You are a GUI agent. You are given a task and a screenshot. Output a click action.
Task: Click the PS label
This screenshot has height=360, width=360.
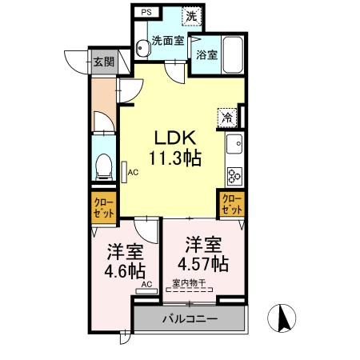point(145,14)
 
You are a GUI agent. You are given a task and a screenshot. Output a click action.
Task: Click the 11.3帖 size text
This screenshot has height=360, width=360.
point(174,158)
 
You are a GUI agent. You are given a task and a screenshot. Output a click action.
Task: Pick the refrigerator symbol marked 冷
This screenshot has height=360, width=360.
point(227,116)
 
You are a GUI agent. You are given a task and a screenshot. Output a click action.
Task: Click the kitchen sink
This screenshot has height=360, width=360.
point(235,146)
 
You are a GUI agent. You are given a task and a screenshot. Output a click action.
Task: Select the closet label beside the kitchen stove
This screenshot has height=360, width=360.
point(230,203)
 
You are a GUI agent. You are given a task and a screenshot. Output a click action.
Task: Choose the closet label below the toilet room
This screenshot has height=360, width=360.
point(102,210)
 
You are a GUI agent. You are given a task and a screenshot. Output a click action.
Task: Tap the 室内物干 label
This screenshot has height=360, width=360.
point(190,282)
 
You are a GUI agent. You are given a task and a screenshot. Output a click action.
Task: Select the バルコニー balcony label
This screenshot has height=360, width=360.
point(190,318)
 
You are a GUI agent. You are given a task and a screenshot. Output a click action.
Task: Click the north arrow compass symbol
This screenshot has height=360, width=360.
point(282,319)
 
